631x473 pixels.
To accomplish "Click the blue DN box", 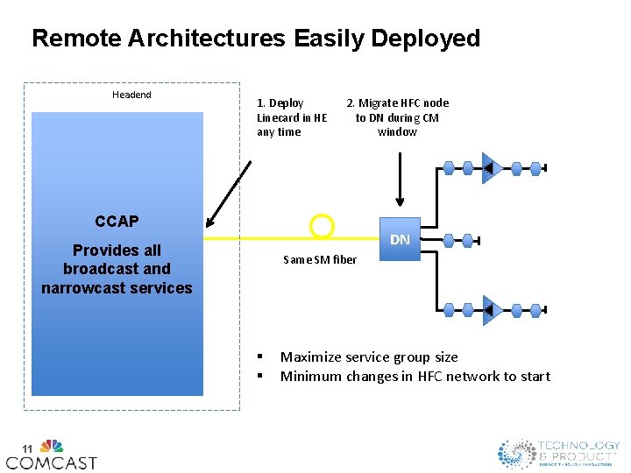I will pos(400,239).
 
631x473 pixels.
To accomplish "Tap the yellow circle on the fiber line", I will pos(323,227).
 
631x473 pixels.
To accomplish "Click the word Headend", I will pos(131,95).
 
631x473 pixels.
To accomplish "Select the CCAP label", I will pos(117,221).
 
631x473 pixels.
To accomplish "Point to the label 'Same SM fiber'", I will pos(320,259).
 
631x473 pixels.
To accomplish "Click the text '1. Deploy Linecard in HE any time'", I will pos(292,117).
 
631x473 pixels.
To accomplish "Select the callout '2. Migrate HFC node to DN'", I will pos(397,117).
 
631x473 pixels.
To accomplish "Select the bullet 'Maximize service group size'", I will pos(369,357).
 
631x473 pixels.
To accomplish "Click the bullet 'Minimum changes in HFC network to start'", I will pos(415,376).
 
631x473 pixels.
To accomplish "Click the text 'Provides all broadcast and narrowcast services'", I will pos(117,269).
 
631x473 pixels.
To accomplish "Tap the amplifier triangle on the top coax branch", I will pos(489,167).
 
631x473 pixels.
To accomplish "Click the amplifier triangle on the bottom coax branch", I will pos(489,309).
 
